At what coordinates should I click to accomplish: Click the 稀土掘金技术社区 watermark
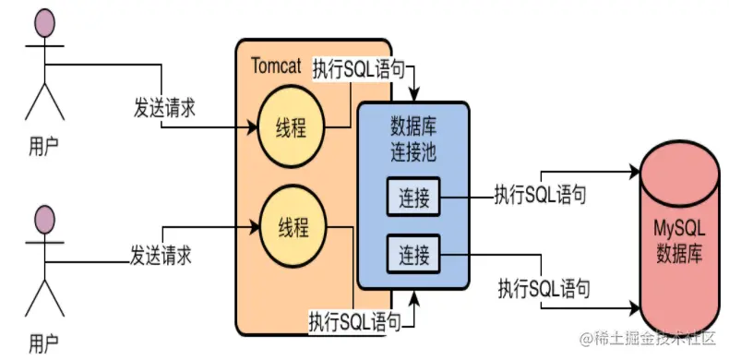pyautogui.click(x=647, y=342)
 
